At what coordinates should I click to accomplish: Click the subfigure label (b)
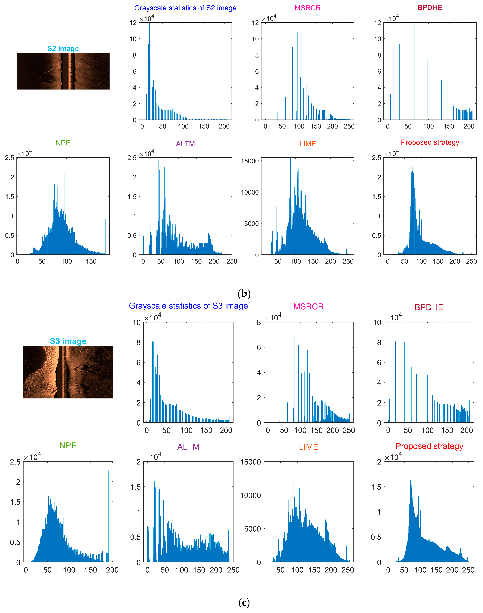pos(244,294)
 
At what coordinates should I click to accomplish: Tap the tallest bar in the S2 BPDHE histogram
pos(414,25)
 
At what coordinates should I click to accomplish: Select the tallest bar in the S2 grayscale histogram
pos(150,25)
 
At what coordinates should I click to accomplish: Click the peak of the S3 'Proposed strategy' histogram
pos(411,480)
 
